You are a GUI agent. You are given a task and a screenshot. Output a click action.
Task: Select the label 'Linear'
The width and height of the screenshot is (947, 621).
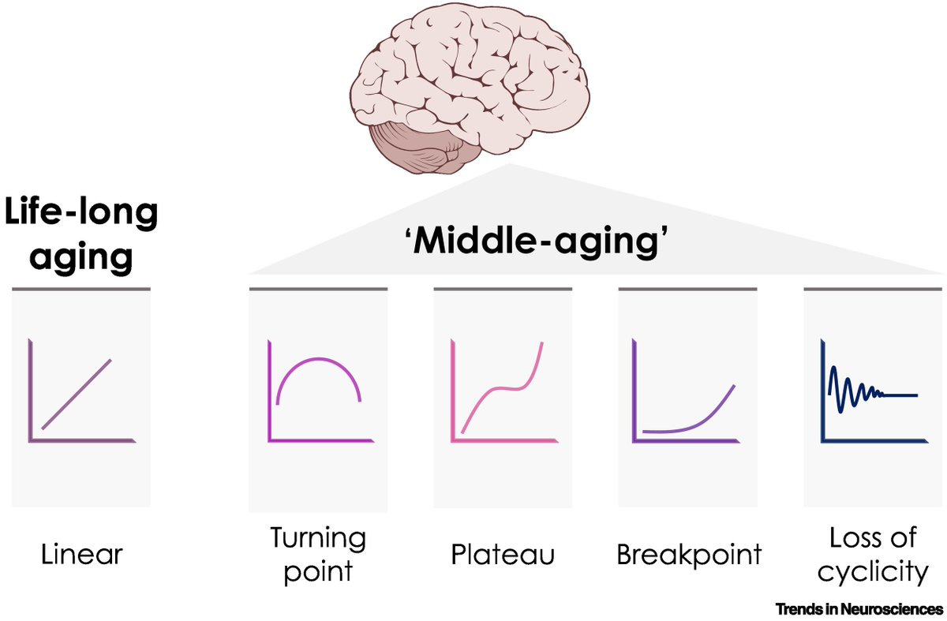click(x=82, y=554)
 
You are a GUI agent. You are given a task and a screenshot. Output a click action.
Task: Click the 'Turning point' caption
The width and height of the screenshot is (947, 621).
click(x=318, y=554)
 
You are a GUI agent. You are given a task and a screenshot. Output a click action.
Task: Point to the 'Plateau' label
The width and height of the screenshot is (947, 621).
click(x=503, y=554)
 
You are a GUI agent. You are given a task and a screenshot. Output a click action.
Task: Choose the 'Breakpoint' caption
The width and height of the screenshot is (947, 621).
click(x=689, y=554)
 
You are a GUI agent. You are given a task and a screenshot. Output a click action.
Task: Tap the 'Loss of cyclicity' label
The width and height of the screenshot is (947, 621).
click(x=873, y=555)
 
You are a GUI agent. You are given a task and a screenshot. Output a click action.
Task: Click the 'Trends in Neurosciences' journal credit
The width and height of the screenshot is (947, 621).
click(x=859, y=608)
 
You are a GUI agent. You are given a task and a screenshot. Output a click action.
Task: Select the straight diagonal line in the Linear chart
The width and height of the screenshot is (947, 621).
click(x=77, y=394)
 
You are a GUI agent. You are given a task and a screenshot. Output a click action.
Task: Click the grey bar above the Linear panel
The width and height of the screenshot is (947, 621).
click(x=81, y=290)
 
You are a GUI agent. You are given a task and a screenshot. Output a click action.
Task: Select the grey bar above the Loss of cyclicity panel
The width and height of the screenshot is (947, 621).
click(x=873, y=290)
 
